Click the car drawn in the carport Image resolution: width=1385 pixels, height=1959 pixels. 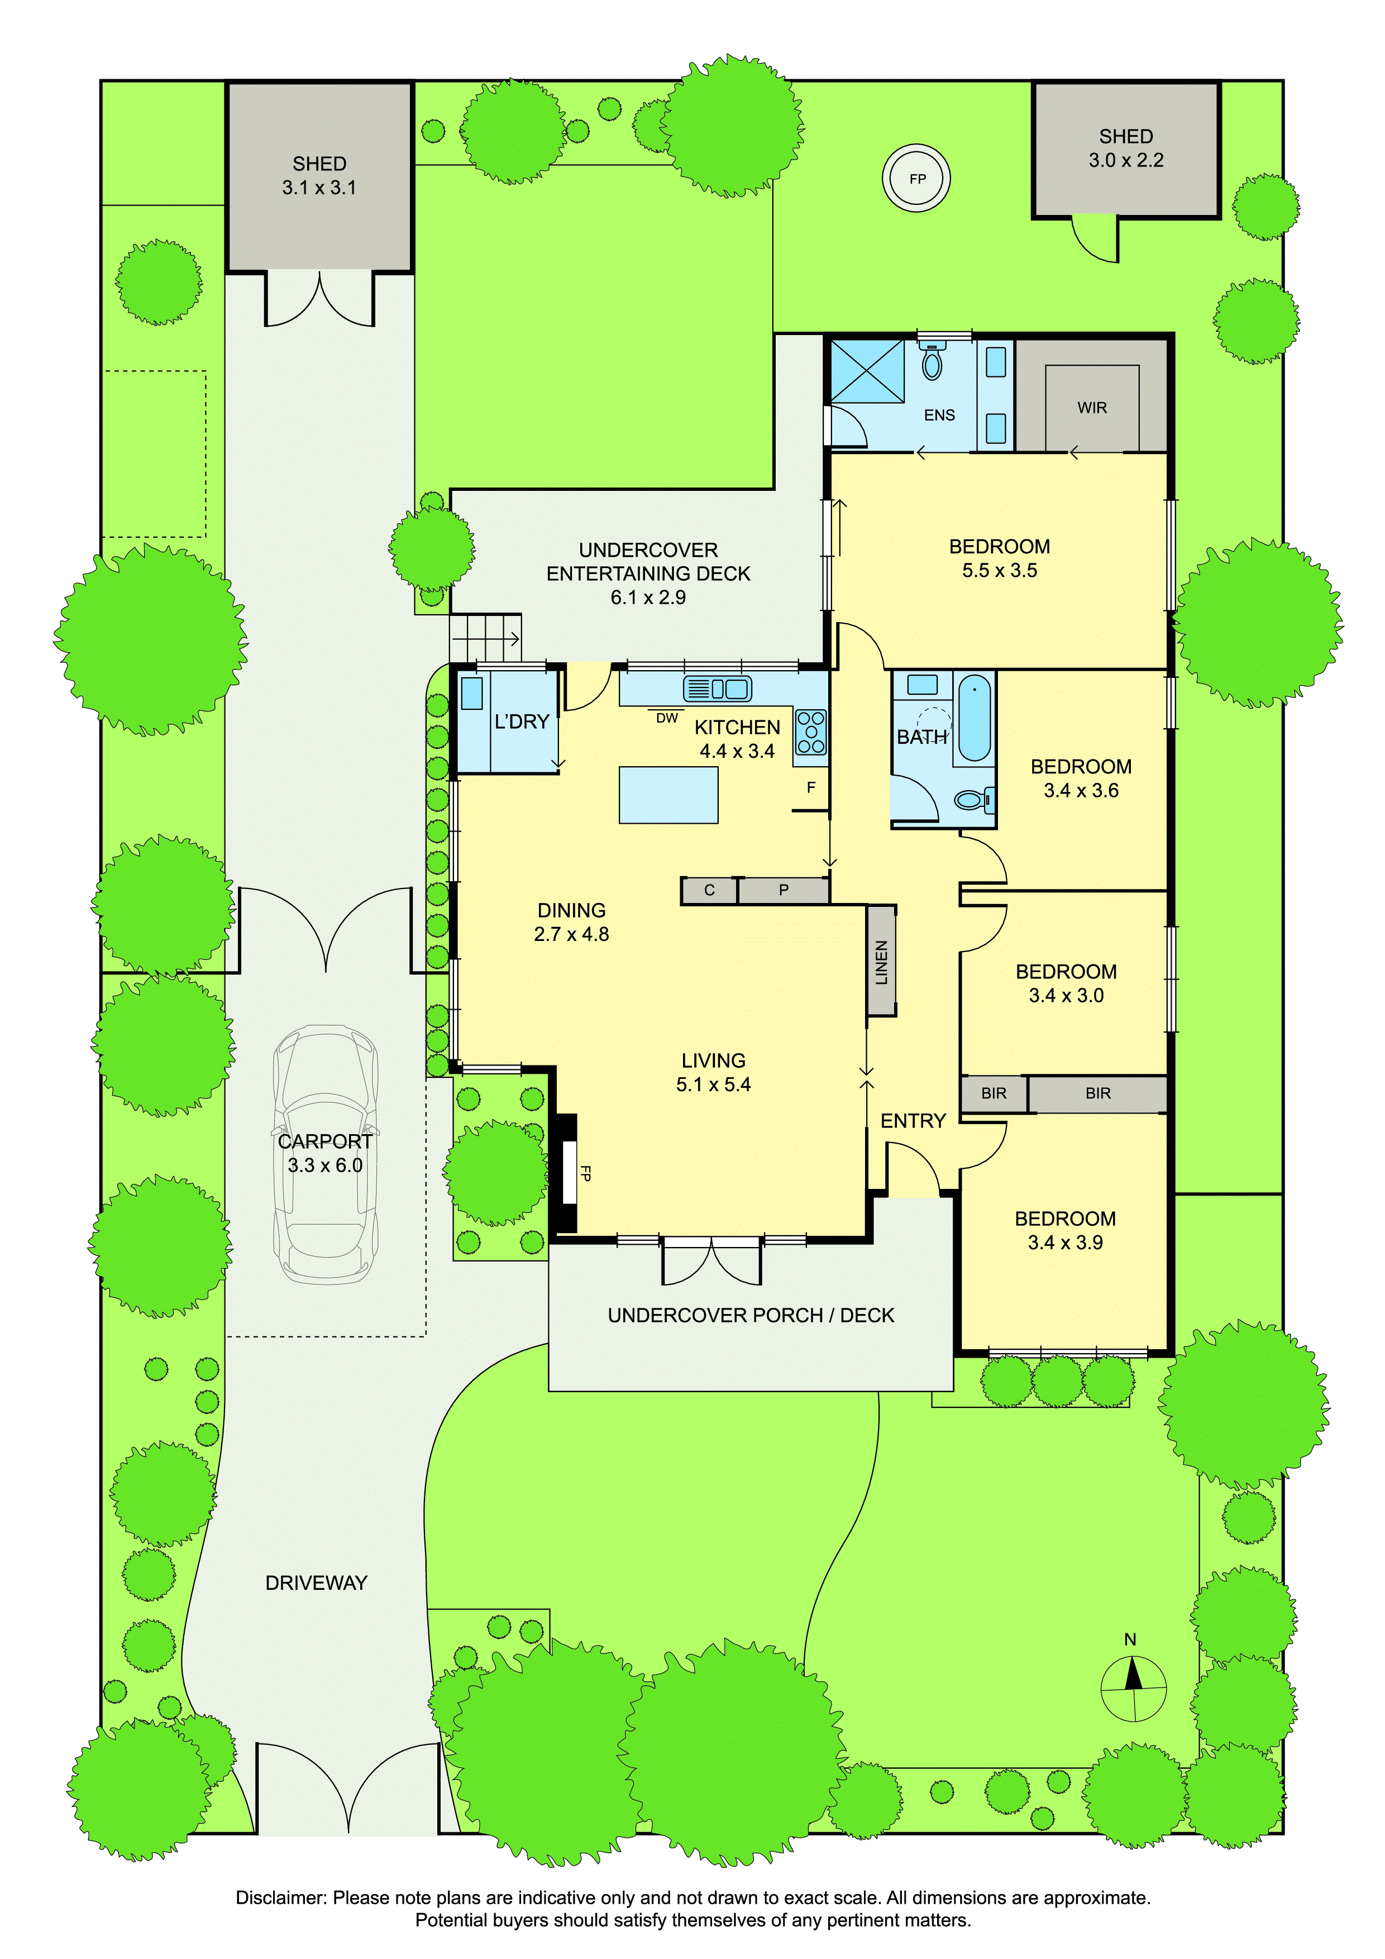point(325,1154)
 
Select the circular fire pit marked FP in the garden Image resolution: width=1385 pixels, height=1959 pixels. point(916,178)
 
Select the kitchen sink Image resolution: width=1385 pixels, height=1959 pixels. point(717,689)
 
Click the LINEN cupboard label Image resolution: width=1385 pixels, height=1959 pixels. point(881,962)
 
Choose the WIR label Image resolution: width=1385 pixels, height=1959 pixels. point(1091,408)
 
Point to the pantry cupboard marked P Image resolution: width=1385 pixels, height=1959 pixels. point(784,890)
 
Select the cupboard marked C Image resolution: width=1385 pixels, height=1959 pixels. point(709,890)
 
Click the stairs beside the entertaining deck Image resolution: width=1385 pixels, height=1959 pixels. point(485,637)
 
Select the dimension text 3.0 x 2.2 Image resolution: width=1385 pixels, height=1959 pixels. point(1125,160)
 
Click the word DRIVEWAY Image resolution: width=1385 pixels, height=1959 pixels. point(316,1583)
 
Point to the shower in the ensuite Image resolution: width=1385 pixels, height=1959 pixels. point(867,370)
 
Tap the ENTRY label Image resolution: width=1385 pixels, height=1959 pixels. point(913,1121)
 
